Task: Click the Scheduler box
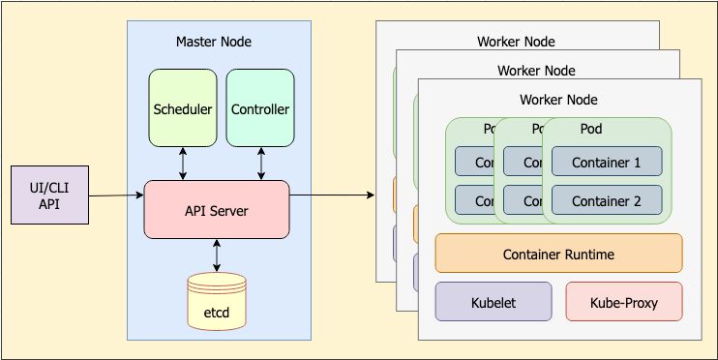[x=183, y=108]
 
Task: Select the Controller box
[x=259, y=108]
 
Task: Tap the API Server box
[x=216, y=209]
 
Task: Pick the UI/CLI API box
[x=49, y=195]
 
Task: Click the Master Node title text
[x=213, y=42]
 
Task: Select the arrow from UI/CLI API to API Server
[x=116, y=196]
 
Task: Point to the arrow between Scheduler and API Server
[x=183, y=164]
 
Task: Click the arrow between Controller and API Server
[x=259, y=164]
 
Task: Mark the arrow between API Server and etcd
[x=216, y=255]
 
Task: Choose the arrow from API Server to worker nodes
[x=332, y=195]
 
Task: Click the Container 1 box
[x=606, y=162]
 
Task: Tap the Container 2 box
[x=606, y=200]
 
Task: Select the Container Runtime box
[x=558, y=254]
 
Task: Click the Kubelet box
[x=494, y=302]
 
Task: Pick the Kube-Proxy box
[x=623, y=302]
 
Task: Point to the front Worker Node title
[x=558, y=100]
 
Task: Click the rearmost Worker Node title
[x=516, y=42]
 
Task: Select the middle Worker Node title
[x=536, y=71]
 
